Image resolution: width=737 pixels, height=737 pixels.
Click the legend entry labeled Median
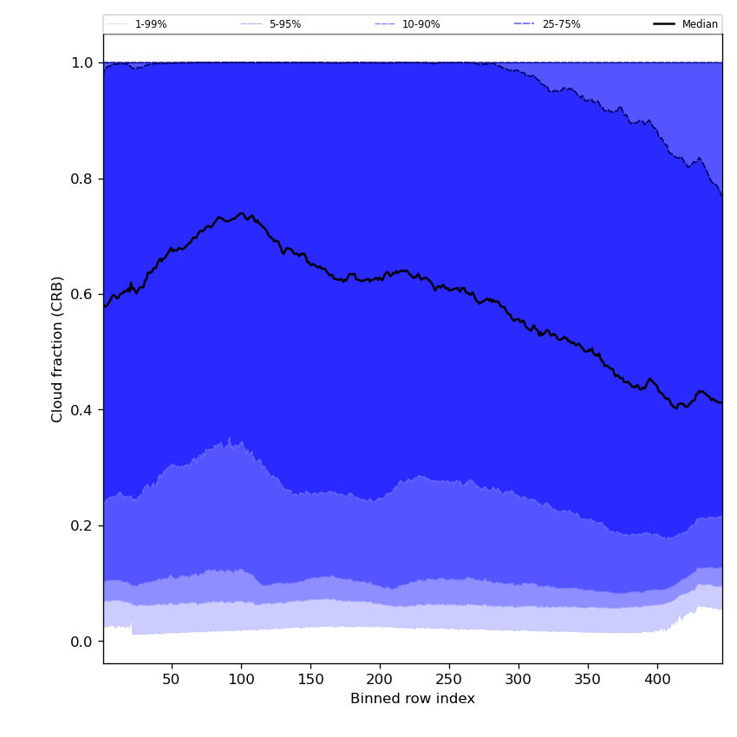699,24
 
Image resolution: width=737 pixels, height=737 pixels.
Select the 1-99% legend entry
150,24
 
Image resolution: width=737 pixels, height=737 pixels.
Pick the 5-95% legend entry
284,24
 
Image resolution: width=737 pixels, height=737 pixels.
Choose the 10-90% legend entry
421,24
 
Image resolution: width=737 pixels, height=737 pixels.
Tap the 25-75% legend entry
561,24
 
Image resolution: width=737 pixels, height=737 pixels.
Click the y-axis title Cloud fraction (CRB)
58,349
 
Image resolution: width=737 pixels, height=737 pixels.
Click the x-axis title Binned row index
412,699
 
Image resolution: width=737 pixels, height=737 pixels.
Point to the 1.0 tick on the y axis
82,62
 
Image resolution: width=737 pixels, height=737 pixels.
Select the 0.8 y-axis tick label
82,179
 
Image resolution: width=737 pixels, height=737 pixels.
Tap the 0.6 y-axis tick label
82,294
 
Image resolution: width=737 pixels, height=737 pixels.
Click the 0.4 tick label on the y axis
82,410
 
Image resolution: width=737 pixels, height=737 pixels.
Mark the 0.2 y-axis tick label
82,525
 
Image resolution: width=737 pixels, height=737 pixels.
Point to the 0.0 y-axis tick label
82,642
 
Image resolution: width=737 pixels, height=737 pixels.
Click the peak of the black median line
242,213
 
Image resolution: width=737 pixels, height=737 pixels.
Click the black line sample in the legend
665,24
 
